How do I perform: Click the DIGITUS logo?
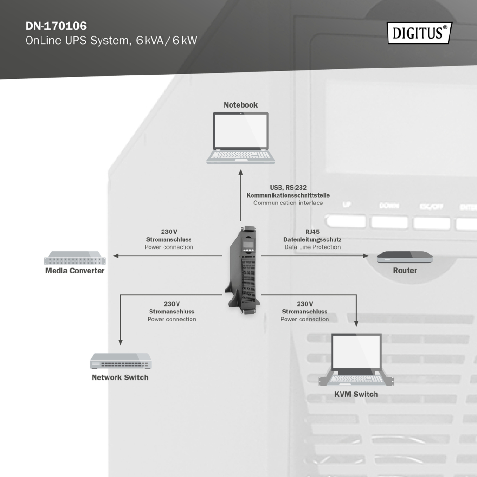click(x=419, y=33)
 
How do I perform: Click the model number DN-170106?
click(x=56, y=26)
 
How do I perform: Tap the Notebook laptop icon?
click(x=240, y=138)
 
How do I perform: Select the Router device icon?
click(x=404, y=257)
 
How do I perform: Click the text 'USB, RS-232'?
click(x=288, y=187)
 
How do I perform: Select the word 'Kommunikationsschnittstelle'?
click(x=288, y=195)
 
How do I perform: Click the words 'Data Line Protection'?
click(x=312, y=247)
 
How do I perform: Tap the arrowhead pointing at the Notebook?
click(x=241, y=172)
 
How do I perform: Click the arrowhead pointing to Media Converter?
click(x=116, y=256)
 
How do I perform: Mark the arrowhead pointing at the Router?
click(x=366, y=256)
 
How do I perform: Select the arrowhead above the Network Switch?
click(x=121, y=342)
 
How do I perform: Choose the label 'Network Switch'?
click(x=120, y=377)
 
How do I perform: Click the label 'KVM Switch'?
click(x=356, y=394)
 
